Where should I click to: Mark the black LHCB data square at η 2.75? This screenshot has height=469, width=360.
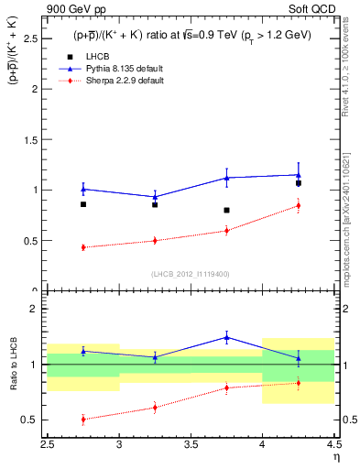[83, 204]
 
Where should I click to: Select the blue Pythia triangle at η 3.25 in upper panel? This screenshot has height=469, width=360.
[155, 197]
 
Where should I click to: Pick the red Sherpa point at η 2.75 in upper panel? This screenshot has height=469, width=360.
[83, 247]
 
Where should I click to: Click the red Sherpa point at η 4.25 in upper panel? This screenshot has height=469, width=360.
[298, 205]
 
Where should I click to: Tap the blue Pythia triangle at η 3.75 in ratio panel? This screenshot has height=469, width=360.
[226, 337]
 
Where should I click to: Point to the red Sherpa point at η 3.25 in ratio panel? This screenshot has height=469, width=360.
[155, 408]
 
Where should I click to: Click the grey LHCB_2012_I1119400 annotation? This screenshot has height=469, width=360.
[191, 274]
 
